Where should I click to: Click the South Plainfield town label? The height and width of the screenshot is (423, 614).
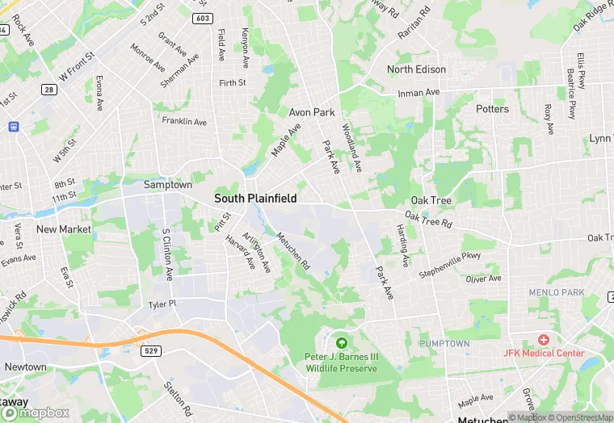[x=255, y=198]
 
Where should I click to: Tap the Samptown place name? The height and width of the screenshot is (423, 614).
[x=168, y=185]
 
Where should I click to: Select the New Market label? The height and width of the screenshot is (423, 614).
[x=64, y=229]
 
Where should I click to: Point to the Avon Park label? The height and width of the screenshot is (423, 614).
[x=312, y=112]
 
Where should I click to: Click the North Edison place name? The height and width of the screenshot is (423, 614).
[x=416, y=69]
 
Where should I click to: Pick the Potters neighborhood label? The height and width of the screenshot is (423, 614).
[x=492, y=109]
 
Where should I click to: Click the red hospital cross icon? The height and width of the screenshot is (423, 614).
[x=544, y=341]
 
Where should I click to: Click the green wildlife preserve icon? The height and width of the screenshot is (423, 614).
[x=341, y=343]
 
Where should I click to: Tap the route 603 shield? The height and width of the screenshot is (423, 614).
[x=203, y=18]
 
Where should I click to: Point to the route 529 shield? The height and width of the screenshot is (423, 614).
[x=152, y=351]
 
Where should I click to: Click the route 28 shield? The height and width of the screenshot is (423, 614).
[x=49, y=90]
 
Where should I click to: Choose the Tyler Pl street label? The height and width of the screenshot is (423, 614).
[x=162, y=304]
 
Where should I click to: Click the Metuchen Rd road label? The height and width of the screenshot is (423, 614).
[x=293, y=250]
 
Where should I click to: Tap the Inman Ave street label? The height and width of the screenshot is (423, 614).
[x=418, y=93]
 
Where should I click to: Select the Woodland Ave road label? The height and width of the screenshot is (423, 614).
[x=351, y=147]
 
